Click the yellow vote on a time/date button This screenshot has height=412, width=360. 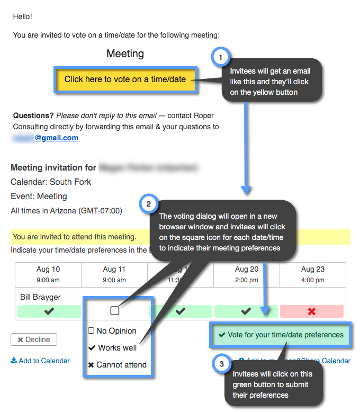(x=125, y=79)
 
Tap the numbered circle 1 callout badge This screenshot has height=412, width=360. (x=220, y=57)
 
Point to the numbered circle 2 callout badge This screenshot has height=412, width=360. (x=148, y=203)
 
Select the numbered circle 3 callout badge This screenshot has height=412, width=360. (x=221, y=363)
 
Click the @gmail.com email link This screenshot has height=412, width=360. (x=56, y=138)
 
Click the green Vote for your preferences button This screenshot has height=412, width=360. (x=280, y=335)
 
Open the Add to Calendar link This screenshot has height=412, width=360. (x=40, y=361)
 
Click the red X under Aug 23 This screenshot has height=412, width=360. (x=311, y=311)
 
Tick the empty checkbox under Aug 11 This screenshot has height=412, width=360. (x=115, y=311)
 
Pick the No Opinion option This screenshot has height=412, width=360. (x=112, y=331)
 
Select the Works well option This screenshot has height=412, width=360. (x=112, y=348)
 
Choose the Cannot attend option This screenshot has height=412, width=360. (x=117, y=364)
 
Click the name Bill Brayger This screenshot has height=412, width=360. (x=40, y=297)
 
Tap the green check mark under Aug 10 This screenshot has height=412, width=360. (x=49, y=311)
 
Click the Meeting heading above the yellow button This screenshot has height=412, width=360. (x=125, y=53)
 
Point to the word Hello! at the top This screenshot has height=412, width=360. (x=22, y=16)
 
